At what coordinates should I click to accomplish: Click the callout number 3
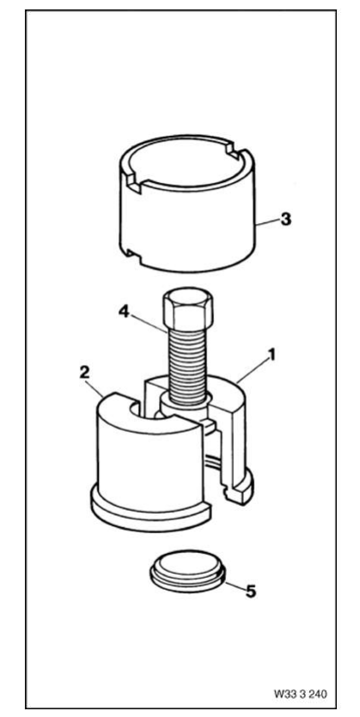[x=285, y=220]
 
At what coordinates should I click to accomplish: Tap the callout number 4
[x=124, y=312]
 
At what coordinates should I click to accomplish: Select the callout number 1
[x=272, y=355]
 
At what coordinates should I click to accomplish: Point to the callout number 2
[x=83, y=372]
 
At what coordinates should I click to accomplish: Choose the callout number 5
[x=250, y=592]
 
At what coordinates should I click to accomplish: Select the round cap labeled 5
[x=186, y=571]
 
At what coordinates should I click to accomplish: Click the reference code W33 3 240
[x=301, y=693]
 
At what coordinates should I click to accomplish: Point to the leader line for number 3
[x=266, y=222]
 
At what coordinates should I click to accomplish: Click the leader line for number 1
[x=252, y=371]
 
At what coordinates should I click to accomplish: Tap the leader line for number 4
[x=149, y=322]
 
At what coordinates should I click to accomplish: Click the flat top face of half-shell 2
[x=151, y=414]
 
